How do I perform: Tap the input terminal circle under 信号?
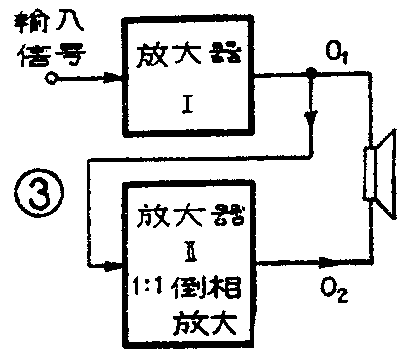point(38,85)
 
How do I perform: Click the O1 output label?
point(336,51)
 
